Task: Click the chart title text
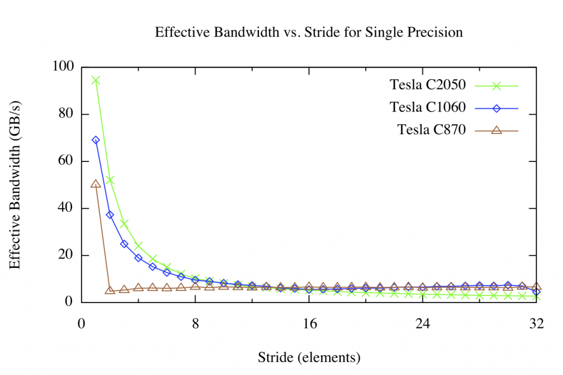tap(308, 32)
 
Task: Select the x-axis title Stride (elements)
tap(309, 358)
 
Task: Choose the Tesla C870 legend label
tap(432, 130)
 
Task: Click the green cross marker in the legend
tap(496, 86)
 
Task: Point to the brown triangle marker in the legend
tap(496, 130)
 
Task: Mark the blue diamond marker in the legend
tap(496, 108)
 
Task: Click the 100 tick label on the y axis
tap(63, 67)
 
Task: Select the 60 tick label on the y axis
tap(67, 161)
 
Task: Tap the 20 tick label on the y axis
tap(67, 255)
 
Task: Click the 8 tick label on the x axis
tap(195, 323)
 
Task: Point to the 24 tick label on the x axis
tap(423, 323)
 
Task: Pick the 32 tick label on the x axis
tap(537, 323)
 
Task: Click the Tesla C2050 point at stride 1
tap(96, 80)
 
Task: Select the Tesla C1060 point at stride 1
tap(96, 140)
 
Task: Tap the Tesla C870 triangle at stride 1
tap(96, 184)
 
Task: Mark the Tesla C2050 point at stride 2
tap(110, 180)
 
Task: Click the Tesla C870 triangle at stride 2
tap(110, 289)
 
